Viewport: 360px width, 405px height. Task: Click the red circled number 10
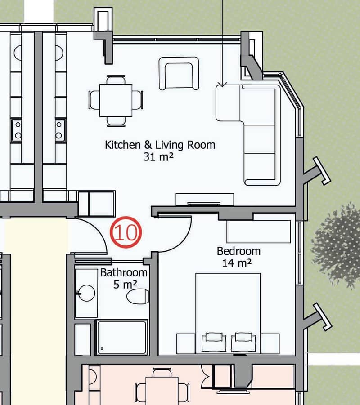coord(126,232)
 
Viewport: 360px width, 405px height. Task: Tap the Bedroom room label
coord(238,251)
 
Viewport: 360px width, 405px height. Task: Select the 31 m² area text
coord(158,156)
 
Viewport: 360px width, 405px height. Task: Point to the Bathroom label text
coord(124,273)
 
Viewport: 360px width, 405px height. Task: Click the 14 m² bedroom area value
coord(237,263)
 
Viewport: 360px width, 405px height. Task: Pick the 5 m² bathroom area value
coord(125,285)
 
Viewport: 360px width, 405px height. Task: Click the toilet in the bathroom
coord(138,296)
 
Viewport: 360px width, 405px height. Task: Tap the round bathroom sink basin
coord(86,293)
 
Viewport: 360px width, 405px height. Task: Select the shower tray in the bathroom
coord(121,337)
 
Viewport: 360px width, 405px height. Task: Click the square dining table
coord(116,100)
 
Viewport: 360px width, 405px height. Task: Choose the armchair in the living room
coord(179,73)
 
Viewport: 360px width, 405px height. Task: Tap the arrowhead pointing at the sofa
coord(222,84)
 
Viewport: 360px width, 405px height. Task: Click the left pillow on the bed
coord(214,342)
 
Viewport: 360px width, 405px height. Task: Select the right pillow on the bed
coord(243,342)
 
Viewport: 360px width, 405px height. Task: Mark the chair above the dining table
coord(116,80)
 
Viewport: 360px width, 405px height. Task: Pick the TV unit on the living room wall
coord(205,200)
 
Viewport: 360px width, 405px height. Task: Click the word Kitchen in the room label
coord(122,145)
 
